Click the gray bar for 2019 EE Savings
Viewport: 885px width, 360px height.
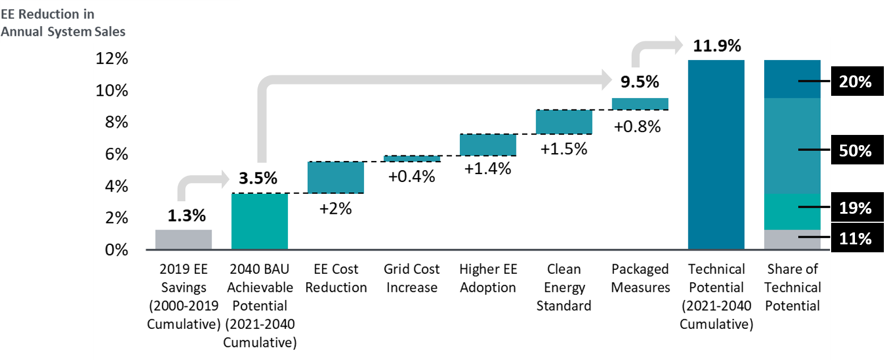183,239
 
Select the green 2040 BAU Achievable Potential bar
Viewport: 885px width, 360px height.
260,221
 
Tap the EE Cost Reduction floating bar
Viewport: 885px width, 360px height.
336,177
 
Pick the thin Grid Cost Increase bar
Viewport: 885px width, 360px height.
412,159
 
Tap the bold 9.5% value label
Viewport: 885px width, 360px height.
640,82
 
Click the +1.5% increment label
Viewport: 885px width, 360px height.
564,149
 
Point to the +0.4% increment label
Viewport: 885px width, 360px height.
412,177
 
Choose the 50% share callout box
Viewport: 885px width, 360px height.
855,150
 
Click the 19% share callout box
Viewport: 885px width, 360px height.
855,208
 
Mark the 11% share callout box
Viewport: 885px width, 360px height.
855,239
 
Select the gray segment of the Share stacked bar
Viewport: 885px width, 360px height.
792,240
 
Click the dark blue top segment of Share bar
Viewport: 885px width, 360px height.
792,79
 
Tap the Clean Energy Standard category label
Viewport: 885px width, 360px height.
564,287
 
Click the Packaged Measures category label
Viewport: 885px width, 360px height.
640,278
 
